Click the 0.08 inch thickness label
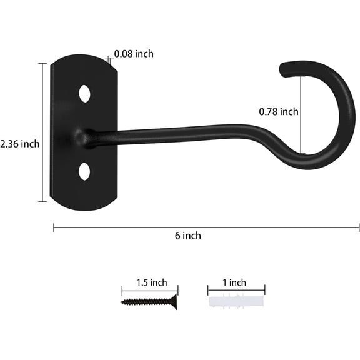(134, 54)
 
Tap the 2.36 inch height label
(20, 144)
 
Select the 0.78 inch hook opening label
(279, 112)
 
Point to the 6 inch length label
(188, 236)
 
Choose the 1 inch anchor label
(234, 282)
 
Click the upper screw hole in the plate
(84, 94)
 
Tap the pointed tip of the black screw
(122, 302)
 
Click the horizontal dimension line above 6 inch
(206, 227)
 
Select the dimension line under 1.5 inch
(149, 289)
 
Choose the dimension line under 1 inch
(236, 289)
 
